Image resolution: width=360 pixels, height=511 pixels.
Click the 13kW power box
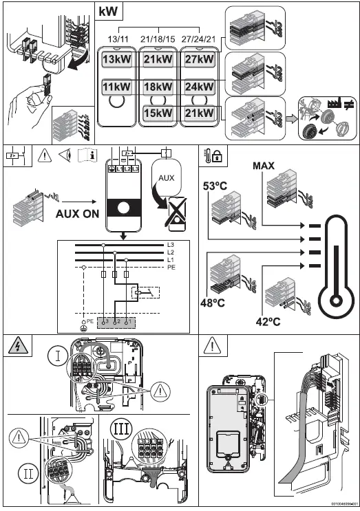(x=116, y=60)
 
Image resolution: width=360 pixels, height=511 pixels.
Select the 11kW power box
(x=116, y=88)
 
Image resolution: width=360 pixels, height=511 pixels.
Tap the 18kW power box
(x=158, y=88)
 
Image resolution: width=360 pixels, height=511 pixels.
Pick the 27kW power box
(x=200, y=60)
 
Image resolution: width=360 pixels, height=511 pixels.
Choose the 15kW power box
(x=158, y=113)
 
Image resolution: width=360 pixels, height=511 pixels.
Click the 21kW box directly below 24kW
(x=200, y=113)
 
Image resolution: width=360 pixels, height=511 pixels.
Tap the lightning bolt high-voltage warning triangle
(x=14, y=346)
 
